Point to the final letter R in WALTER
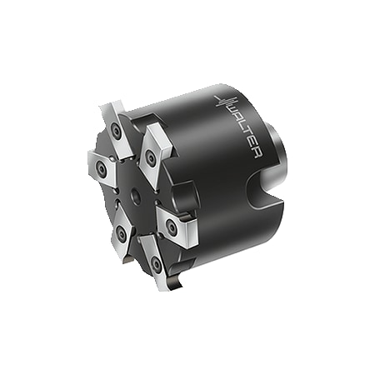coord(257,154)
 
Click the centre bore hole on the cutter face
coord(136,193)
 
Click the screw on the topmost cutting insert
coord(115,130)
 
